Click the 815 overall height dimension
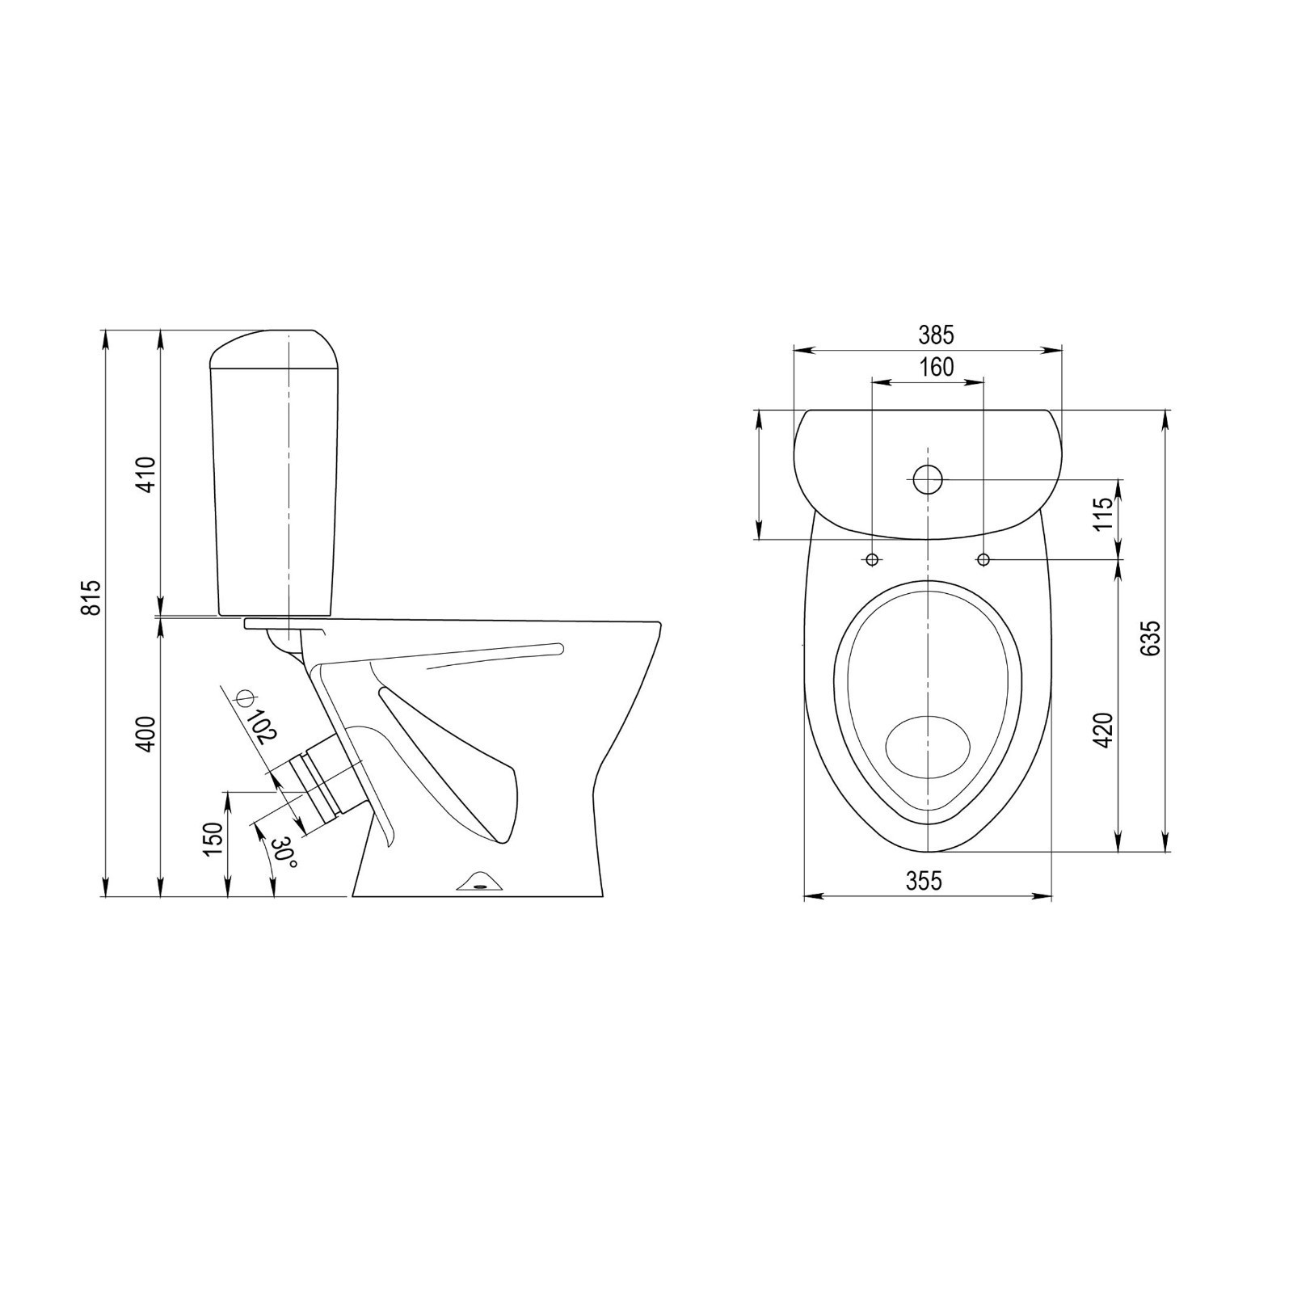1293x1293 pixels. point(94,598)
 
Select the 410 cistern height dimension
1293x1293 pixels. point(145,475)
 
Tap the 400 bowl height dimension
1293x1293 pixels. point(145,734)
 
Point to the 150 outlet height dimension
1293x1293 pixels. point(213,839)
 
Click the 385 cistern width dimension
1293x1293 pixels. point(937,334)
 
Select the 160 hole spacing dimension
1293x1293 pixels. point(937,367)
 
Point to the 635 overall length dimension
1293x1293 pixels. point(1151,638)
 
